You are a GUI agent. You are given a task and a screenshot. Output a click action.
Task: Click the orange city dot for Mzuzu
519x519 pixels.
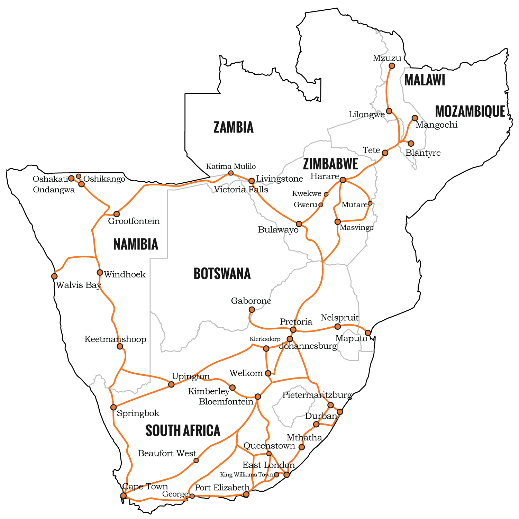click(392, 66)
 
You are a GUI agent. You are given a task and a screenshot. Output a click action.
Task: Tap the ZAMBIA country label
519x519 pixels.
click(234, 127)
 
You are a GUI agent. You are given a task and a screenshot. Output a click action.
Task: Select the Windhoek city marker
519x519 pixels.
click(100, 272)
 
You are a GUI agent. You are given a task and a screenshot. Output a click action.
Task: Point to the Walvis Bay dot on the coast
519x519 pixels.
click(54, 276)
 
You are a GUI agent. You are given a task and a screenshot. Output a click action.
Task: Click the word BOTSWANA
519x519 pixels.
click(222, 274)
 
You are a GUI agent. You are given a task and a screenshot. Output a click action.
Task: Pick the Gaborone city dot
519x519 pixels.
click(252, 309)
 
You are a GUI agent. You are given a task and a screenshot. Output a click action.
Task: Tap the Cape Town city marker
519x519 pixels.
click(124, 495)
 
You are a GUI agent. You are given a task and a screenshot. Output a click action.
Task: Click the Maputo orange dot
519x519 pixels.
click(368, 333)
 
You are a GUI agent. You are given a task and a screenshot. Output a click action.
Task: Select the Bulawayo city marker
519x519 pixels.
click(299, 224)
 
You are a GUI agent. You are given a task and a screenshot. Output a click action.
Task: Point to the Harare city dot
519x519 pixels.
click(343, 180)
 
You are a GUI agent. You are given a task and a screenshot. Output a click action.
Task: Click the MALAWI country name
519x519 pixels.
click(424, 80)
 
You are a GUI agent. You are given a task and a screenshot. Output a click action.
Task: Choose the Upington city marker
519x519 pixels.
click(171, 384)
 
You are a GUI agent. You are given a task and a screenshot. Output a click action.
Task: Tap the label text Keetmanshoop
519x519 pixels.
click(115, 339)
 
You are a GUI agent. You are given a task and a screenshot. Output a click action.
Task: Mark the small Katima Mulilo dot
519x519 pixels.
click(231, 173)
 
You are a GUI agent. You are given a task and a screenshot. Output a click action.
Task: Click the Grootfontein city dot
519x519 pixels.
click(117, 214)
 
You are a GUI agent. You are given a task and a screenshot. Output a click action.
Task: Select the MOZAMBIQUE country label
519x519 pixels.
click(470, 111)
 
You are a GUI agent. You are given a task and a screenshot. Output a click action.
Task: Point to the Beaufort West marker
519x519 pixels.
click(196, 460)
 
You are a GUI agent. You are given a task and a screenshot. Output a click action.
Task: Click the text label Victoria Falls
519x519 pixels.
click(241, 190)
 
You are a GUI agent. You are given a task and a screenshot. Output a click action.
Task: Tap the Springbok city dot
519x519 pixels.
click(113, 407)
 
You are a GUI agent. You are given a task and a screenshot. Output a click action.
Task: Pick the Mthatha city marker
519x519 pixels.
click(302, 447)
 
